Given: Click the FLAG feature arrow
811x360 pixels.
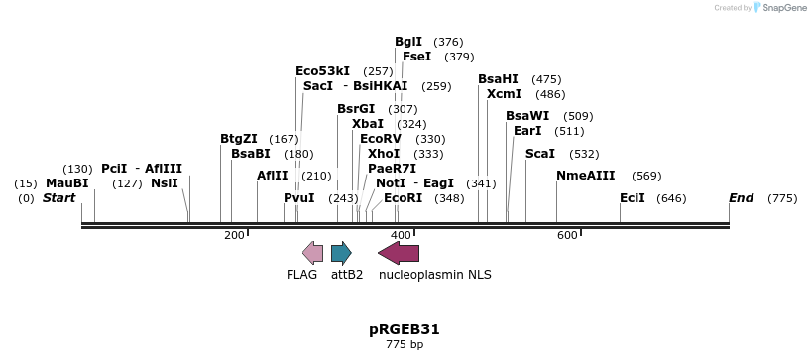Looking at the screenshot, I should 312,252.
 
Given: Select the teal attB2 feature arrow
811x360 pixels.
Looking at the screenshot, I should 341,252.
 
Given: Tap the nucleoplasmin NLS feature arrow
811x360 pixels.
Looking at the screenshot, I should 399,252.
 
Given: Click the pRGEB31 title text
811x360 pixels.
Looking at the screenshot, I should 404,329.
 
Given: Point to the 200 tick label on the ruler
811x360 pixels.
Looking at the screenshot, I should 234,235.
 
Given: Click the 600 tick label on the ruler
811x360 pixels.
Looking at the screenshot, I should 567,235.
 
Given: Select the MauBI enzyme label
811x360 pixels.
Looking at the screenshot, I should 67,183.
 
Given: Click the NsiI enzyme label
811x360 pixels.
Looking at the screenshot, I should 165,183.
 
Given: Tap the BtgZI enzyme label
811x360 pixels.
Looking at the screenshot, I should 239,139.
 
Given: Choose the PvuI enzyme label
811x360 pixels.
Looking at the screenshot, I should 299,198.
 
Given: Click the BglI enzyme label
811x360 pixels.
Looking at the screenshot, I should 408,42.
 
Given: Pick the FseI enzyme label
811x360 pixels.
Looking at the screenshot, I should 416,57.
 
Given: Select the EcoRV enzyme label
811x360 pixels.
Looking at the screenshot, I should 381,139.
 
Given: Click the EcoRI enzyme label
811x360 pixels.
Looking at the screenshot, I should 403,198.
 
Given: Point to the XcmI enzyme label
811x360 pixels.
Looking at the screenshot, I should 504,94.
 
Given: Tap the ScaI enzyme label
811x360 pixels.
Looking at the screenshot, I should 540,154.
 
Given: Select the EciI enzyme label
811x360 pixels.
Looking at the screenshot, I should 633,198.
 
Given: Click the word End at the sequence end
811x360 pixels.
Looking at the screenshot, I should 742,198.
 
